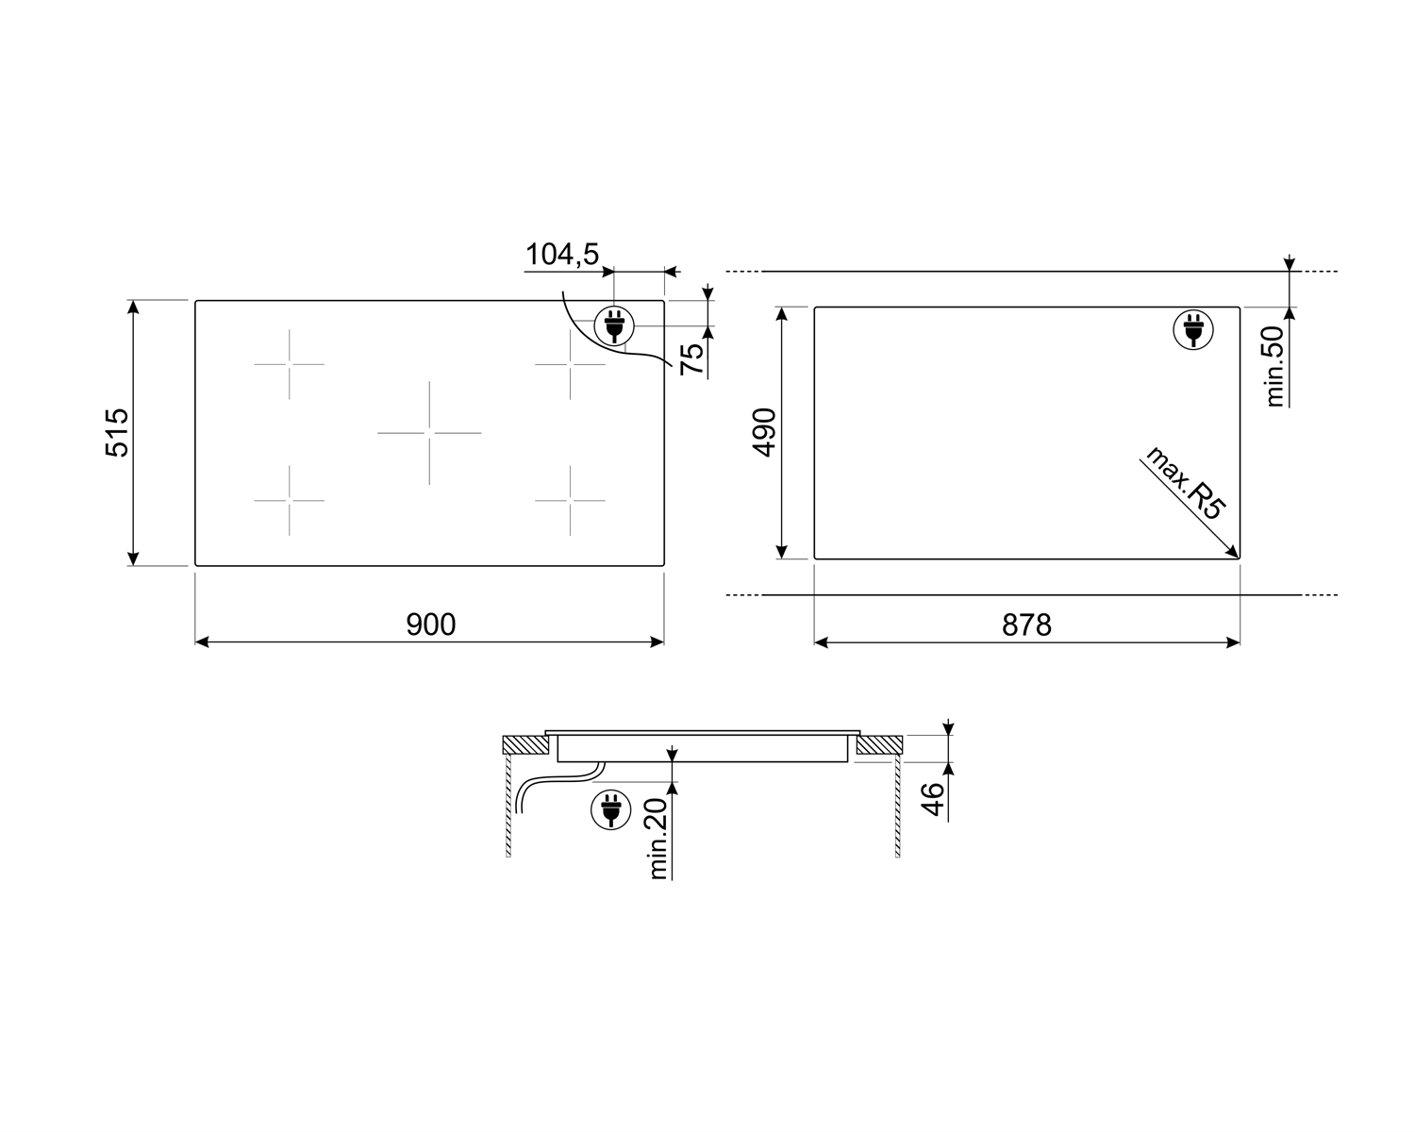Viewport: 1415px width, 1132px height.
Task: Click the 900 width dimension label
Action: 430,624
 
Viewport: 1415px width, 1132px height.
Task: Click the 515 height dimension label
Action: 117,432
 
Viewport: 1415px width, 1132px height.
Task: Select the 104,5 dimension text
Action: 562,254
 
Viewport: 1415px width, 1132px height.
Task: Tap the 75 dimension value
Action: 693,358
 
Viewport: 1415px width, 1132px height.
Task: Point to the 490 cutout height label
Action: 763,432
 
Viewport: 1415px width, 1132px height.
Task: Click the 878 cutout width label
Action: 1026,624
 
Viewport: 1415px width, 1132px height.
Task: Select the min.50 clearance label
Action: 1275,366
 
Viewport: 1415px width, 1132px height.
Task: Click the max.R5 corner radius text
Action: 1185,483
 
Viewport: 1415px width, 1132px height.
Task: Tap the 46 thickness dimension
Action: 932,799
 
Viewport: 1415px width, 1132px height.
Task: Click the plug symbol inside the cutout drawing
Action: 1193,330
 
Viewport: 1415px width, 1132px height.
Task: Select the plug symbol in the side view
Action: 610,809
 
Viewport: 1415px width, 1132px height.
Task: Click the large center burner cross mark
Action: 429,433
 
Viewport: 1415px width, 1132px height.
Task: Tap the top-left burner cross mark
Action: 289,364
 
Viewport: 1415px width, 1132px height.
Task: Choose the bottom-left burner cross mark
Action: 289,501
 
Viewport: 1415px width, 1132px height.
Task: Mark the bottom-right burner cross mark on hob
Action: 570,501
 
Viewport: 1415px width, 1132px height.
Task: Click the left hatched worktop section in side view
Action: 524,744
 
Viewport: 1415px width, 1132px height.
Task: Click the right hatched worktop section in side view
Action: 880,745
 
